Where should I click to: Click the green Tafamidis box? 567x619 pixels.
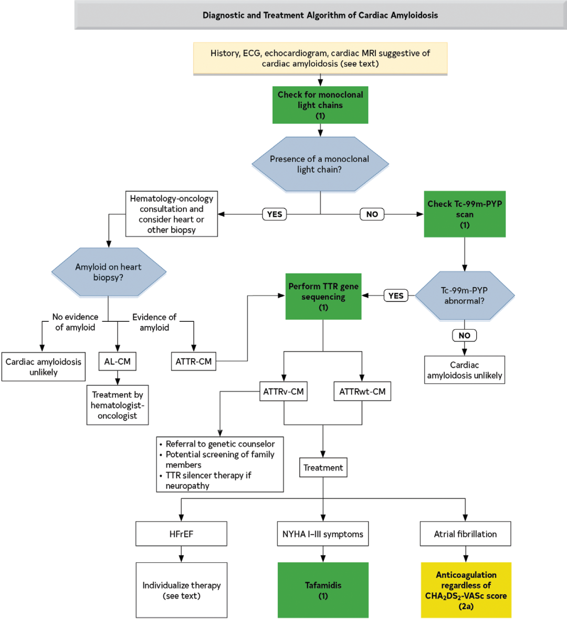(323, 590)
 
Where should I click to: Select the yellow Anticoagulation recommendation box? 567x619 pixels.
(466, 590)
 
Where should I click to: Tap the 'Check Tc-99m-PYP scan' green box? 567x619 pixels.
(465, 214)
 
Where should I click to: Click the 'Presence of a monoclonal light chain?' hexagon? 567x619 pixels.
(320, 164)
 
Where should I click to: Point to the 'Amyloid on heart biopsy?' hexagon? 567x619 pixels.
(108, 272)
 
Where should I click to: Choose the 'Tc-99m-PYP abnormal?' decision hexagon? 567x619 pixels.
(464, 296)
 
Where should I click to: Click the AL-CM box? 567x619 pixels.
(117, 361)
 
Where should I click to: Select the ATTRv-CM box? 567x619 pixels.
(283, 391)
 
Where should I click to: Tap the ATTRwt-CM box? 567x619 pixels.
(362, 391)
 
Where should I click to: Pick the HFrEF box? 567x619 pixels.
(181, 534)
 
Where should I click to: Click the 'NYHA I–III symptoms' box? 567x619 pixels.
(323, 534)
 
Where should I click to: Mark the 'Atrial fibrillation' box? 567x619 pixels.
(465, 534)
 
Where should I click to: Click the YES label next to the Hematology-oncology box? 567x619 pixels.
(275, 214)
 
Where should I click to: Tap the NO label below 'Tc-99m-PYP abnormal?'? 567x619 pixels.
(464, 335)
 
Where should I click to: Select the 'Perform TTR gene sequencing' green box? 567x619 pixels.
(323, 297)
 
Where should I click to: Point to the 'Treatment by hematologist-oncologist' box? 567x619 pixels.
(118, 405)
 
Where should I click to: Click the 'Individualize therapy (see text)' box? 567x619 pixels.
(182, 590)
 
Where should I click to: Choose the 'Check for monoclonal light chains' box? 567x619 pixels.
(320, 105)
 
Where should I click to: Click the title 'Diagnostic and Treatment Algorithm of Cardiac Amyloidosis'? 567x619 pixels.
(320, 15)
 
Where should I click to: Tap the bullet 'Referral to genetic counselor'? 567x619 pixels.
(220, 444)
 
